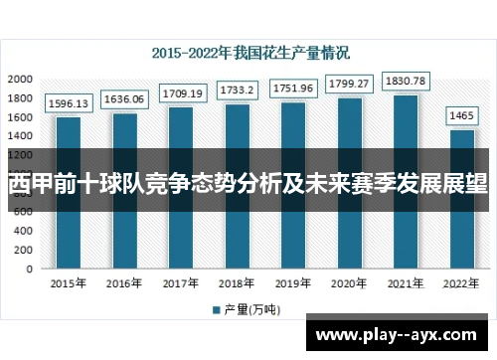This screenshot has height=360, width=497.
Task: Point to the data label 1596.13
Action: point(69,102)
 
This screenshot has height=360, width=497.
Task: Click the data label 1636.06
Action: point(125,99)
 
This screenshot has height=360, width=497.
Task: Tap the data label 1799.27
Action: point(350,84)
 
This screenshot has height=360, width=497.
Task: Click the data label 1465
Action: point(462,115)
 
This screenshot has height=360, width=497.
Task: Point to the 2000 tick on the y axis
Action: point(19,79)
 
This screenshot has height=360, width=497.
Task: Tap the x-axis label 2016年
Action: point(125,284)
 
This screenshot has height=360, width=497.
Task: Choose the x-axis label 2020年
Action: point(350,284)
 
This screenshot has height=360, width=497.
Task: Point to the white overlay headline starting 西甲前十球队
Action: point(248,184)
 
